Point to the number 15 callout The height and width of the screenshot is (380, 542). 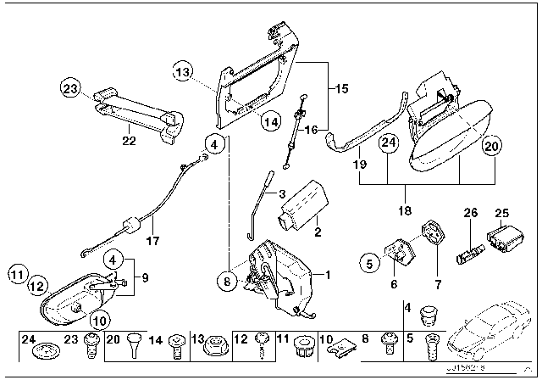[342, 88]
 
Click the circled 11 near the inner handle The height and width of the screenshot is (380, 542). [15, 274]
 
